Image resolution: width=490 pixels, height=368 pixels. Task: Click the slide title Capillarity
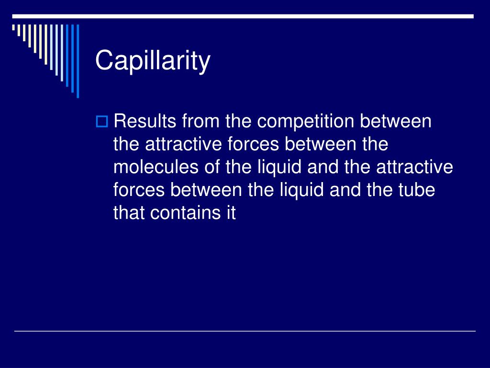pyautogui.click(x=153, y=60)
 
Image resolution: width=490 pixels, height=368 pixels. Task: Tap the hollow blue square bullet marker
pyautogui.click(x=101, y=121)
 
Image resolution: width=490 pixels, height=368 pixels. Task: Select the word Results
pyautogui.click(x=145, y=121)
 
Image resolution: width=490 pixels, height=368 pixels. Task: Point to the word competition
pyautogui.click(x=305, y=122)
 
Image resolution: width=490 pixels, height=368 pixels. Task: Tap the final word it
pyautogui.click(x=231, y=213)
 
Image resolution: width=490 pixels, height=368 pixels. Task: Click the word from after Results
pyautogui.click(x=200, y=121)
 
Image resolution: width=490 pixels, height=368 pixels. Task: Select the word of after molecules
pyautogui.click(x=212, y=167)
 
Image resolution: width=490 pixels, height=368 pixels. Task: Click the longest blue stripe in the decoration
pyautogui.click(x=78, y=61)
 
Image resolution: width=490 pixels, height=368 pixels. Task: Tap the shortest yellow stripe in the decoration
pyautogui.click(x=13, y=27)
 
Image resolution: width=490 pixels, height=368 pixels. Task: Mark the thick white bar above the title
pyautogui.click(x=243, y=16)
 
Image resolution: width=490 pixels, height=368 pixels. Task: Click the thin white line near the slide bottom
pyautogui.click(x=245, y=331)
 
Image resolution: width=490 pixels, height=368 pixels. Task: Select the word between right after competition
pyautogui.click(x=396, y=121)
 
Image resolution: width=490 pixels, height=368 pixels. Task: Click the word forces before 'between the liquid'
pyautogui.click(x=139, y=190)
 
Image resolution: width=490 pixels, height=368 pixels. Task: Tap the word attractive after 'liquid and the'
pyautogui.click(x=414, y=167)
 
